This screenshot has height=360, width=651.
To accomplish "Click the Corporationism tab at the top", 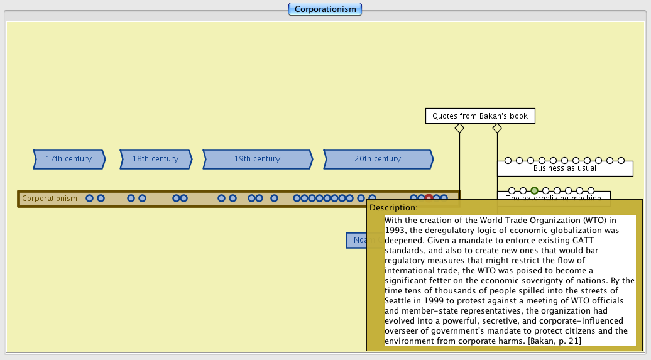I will [x=325, y=9].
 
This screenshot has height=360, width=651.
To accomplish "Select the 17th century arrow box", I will [x=68, y=159].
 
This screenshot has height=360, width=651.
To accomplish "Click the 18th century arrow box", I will [x=155, y=159].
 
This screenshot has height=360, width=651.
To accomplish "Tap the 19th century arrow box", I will [x=257, y=159].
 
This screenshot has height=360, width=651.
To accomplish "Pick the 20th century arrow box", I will [x=377, y=159].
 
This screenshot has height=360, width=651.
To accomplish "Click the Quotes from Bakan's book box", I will [x=480, y=116].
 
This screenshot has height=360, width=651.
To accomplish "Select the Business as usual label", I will [x=564, y=168].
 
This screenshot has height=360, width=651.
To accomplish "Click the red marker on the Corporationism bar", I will [x=429, y=199].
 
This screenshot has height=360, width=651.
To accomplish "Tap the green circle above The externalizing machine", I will [x=534, y=190].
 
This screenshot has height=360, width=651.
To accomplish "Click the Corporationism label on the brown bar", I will [x=50, y=199].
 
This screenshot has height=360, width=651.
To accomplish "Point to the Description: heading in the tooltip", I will [x=393, y=207].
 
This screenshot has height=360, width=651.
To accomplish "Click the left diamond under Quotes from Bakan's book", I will [x=459, y=128].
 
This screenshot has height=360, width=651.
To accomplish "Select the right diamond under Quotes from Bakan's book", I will [x=497, y=128].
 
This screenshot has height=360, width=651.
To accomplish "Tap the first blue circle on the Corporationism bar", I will [x=89, y=199].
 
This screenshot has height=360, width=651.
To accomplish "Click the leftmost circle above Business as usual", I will [x=508, y=161].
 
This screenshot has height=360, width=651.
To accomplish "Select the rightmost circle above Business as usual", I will [x=621, y=161].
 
